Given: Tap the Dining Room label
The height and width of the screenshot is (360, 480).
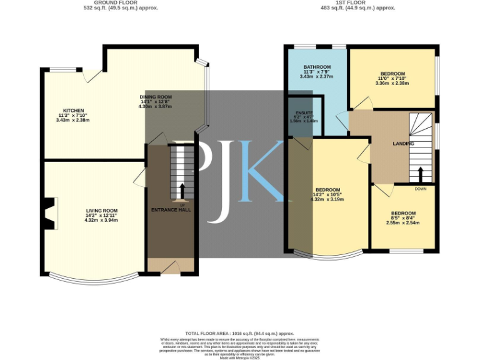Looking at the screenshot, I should pyautogui.click(x=155, y=97).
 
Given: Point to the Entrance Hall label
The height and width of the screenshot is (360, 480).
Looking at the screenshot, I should pyautogui.click(x=171, y=210).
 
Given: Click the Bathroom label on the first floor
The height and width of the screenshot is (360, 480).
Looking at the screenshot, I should pyautogui.click(x=317, y=67).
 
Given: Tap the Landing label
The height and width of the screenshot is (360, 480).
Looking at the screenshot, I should pyautogui.click(x=403, y=144).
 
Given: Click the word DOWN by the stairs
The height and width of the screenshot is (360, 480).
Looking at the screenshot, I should pyautogui.click(x=420, y=189).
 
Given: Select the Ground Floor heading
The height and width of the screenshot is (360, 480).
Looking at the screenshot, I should pyautogui.click(x=121, y=2).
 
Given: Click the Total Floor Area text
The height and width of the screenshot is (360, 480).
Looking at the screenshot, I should pyautogui.click(x=239, y=334).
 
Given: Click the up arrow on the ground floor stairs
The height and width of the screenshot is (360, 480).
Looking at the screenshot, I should pyautogui.click(x=182, y=191).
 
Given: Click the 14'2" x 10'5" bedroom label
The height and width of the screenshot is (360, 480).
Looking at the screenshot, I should pyautogui.click(x=327, y=190).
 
